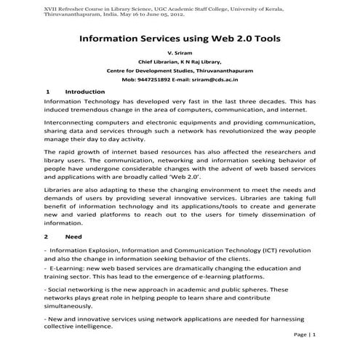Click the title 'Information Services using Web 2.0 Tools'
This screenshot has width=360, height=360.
[x=180, y=36]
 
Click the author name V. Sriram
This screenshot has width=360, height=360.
[x=180, y=54]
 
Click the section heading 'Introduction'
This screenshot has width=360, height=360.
[x=85, y=92]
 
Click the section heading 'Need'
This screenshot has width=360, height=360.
[x=73, y=237]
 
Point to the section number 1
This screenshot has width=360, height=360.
[x=47, y=92]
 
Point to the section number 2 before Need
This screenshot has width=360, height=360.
[x=47, y=237]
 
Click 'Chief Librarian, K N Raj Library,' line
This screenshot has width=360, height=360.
[x=180, y=62]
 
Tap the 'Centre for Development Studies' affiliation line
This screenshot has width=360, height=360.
[x=180, y=71]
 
